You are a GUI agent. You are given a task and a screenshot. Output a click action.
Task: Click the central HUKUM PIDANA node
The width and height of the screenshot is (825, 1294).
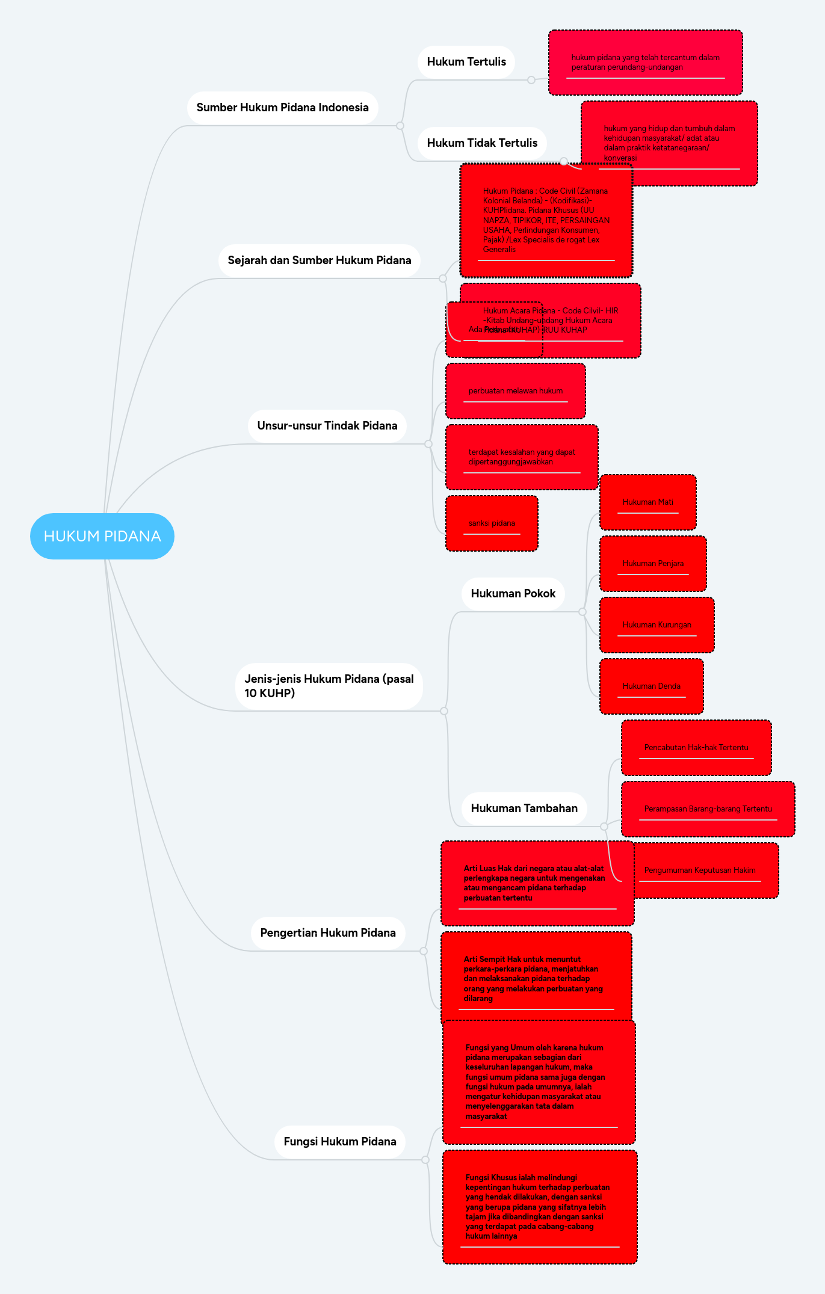(102, 536)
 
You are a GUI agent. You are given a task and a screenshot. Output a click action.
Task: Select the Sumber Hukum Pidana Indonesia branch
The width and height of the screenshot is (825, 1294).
(282, 108)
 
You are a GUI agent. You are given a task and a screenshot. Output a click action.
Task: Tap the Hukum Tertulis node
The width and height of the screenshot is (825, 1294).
(466, 62)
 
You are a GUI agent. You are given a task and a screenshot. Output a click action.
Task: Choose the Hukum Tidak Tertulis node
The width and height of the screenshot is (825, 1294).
(482, 143)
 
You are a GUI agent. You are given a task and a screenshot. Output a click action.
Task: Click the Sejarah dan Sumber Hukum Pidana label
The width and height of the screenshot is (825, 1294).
(319, 260)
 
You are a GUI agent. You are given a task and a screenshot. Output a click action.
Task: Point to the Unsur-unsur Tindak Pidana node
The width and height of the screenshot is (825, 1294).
(327, 426)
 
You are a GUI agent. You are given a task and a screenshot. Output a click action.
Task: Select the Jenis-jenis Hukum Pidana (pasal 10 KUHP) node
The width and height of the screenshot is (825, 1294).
(329, 686)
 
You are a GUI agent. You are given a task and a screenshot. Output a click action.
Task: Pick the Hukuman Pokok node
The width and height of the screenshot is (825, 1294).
(513, 594)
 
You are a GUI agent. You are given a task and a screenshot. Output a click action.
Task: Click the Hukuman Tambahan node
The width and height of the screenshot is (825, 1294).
(524, 809)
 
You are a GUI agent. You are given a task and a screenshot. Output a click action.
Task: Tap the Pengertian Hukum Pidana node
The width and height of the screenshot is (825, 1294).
(327, 933)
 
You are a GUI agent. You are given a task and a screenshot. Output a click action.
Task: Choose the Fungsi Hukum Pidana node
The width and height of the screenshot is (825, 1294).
(339, 1142)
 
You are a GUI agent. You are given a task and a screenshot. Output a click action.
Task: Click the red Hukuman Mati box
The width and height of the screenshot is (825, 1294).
(647, 502)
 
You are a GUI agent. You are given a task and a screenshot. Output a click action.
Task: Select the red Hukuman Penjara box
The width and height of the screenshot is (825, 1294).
(653, 564)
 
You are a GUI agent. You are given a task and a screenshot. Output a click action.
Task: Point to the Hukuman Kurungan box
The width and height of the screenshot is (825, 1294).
(657, 625)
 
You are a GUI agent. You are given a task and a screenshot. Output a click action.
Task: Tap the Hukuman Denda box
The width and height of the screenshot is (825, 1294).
(651, 686)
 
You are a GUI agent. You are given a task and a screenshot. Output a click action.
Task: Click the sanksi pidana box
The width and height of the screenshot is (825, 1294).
(492, 523)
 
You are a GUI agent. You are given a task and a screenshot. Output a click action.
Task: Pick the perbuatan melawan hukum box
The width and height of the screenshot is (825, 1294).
(515, 391)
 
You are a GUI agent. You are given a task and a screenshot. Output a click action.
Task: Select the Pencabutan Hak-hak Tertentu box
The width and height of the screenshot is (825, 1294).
(696, 748)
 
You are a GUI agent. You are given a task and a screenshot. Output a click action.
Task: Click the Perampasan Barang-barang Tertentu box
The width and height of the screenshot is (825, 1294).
(708, 809)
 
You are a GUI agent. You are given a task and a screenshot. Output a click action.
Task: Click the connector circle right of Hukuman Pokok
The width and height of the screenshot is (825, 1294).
(582, 612)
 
